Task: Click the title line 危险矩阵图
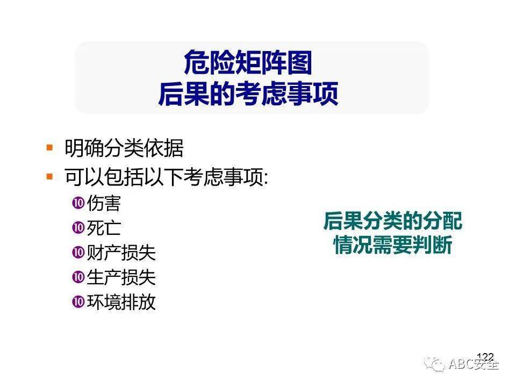[x=248, y=62]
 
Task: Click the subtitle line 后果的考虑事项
[x=248, y=94]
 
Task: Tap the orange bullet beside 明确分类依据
[x=49, y=147]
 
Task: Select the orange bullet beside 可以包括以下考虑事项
[x=49, y=177]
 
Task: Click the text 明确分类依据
[x=124, y=148]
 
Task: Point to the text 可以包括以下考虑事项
[x=167, y=177]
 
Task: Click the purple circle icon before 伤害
[x=78, y=203]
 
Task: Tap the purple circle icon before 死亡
[x=78, y=227]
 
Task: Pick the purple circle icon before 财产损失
[x=78, y=253]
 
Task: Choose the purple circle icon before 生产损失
[x=78, y=277]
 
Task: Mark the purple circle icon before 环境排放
[x=78, y=302]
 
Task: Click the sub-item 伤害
[x=104, y=203]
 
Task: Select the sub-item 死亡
[x=104, y=228]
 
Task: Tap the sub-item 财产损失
[x=121, y=253]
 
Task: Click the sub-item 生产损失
[x=121, y=277]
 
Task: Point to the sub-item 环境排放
[x=121, y=302]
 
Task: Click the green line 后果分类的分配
[x=393, y=221]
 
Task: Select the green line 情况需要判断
[x=393, y=245]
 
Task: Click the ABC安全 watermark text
[x=474, y=364]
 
